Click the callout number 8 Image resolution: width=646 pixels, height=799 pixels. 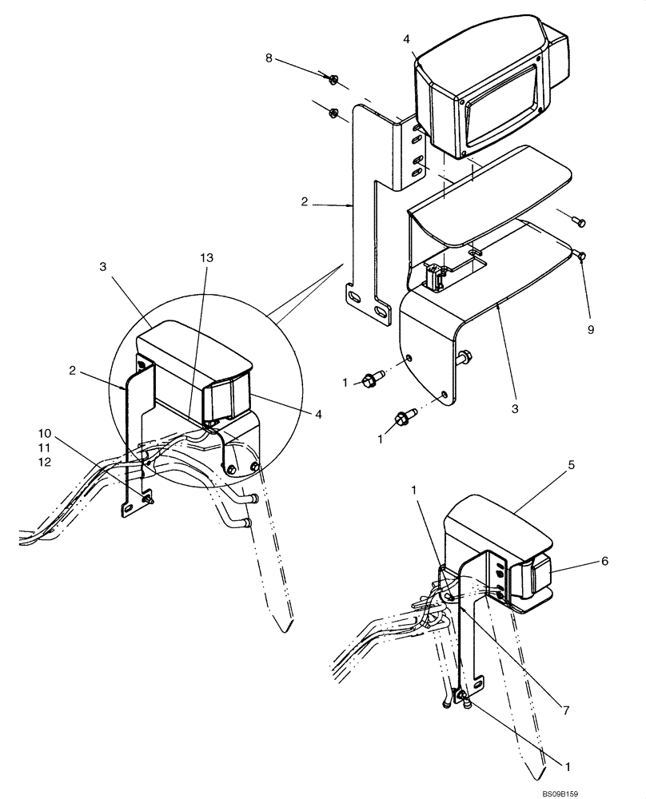point(268,58)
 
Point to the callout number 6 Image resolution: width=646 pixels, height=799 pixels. point(604,562)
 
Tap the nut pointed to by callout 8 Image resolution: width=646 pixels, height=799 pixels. point(334,78)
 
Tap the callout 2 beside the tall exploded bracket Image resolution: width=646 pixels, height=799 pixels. point(305,203)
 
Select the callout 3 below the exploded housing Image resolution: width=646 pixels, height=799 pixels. point(515,407)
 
